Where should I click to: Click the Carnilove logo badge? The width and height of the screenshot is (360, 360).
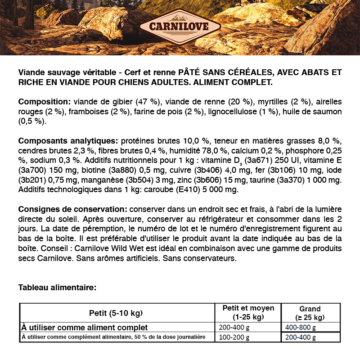point(180,26)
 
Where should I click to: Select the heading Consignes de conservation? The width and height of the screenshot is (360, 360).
point(72,210)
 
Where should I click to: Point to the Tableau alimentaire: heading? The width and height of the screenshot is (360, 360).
point(57,287)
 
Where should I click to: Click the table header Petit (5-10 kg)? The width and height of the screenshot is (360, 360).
point(116,313)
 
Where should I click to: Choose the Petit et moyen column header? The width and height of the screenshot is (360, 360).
point(248,312)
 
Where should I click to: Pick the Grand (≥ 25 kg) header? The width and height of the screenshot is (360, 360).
point(310,313)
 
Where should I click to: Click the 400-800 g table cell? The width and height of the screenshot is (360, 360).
point(301,328)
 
